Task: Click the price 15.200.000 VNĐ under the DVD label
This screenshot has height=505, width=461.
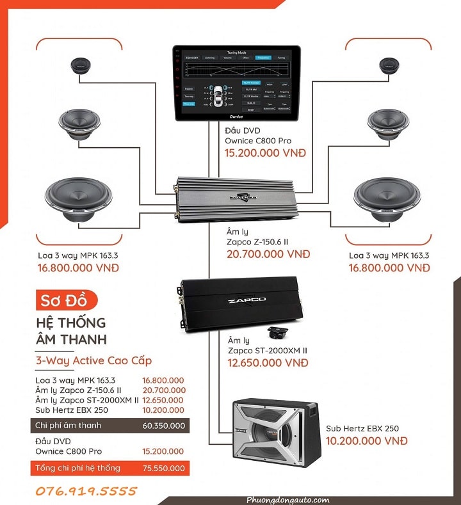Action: [265, 154]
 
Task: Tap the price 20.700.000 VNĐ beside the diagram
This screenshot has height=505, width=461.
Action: [268, 254]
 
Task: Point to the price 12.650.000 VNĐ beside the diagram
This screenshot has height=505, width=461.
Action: [268, 363]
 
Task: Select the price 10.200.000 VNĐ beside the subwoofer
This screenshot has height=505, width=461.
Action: [366, 441]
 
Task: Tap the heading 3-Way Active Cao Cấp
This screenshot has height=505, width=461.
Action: [94, 360]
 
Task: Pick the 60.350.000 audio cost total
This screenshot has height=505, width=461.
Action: [164, 426]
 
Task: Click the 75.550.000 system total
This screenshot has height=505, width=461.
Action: [164, 469]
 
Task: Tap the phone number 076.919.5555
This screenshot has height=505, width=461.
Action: [88, 491]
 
